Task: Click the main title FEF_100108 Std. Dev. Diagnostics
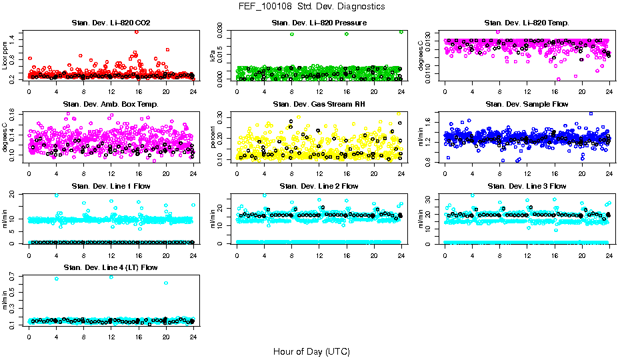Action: point(311,6)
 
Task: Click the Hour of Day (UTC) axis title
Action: point(311,351)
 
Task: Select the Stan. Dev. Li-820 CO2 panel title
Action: point(111,23)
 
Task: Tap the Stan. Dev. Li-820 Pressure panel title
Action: point(319,23)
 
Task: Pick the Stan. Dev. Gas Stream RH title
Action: point(319,105)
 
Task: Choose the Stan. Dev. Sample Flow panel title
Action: point(527,105)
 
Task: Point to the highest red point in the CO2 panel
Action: point(137,31)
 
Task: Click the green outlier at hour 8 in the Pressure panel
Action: point(292,34)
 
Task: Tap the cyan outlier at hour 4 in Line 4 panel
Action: point(56,278)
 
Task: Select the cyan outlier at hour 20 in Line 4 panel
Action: point(166,283)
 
